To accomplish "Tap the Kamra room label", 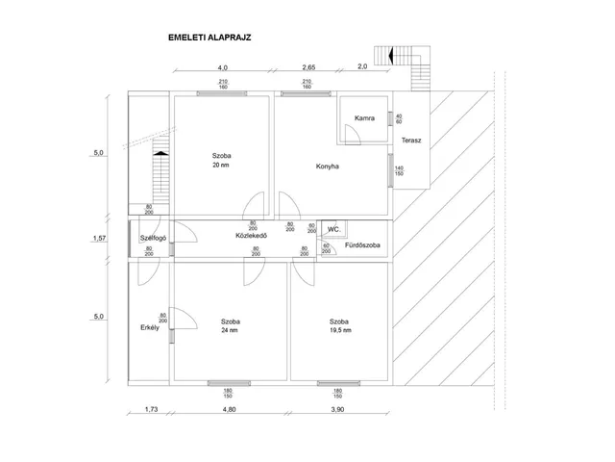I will (x=363, y=118).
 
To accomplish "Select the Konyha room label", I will (x=328, y=167).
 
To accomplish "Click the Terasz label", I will (x=412, y=141).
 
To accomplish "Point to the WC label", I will (x=333, y=229).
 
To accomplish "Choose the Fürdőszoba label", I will (x=362, y=245).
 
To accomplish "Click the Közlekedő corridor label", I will (x=250, y=236).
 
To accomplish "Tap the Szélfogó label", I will (x=154, y=237).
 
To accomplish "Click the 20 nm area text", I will (x=221, y=166).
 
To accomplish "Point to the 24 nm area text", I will (x=230, y=330).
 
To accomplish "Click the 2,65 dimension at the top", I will (x=308, y=67).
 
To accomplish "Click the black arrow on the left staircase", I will (x=160, y=150).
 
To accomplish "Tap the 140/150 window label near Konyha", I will (x=398, y=171).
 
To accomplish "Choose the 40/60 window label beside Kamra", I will (x=398, y=119).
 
